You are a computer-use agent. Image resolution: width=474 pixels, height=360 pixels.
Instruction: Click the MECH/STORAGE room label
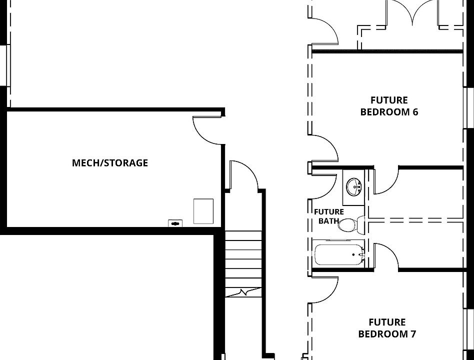click(110, 163)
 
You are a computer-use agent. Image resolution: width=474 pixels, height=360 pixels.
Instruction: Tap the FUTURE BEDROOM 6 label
click(389, 106)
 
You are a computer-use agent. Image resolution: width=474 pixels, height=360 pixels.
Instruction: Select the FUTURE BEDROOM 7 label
click(387, 328)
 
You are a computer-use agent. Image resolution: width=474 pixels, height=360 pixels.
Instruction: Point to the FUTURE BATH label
click(329, 216)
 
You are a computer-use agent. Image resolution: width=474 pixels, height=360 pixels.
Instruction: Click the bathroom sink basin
click(353, 186)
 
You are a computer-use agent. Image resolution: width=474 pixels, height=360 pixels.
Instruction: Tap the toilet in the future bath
click(351, 224)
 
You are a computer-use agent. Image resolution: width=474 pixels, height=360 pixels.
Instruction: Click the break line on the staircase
click(243, 292)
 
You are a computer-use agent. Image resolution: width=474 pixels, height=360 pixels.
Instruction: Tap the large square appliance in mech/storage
click(203, 211)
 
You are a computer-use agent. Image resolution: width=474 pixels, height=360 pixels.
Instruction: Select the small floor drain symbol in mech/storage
click(175, 223)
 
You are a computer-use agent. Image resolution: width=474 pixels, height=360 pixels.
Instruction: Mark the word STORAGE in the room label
click(126, 163)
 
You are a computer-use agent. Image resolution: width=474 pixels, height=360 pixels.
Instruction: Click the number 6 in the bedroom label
click(415, 112)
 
